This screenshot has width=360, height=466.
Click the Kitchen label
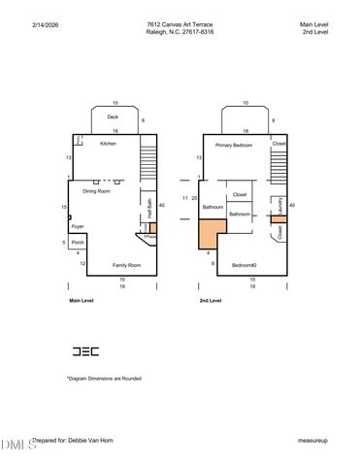tap(108, 144)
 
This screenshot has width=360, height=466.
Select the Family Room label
tap(126, 264)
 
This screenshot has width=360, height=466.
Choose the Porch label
tap(78, 242)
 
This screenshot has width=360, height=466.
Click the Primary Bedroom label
tap(233, 146)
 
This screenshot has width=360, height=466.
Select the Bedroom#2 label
tap(244, 264)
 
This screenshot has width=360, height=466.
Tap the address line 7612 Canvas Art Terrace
tap(180, 22)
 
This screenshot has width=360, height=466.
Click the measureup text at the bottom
tap(314, 440)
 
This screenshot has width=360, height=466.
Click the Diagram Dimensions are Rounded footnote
tap(104, 378)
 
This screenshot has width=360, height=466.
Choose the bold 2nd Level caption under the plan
tap(211, 301)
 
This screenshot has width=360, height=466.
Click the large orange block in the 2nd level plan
tap(210, 233)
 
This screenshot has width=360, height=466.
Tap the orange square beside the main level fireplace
tap(152, 227)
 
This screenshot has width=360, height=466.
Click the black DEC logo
tap(84, 350)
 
